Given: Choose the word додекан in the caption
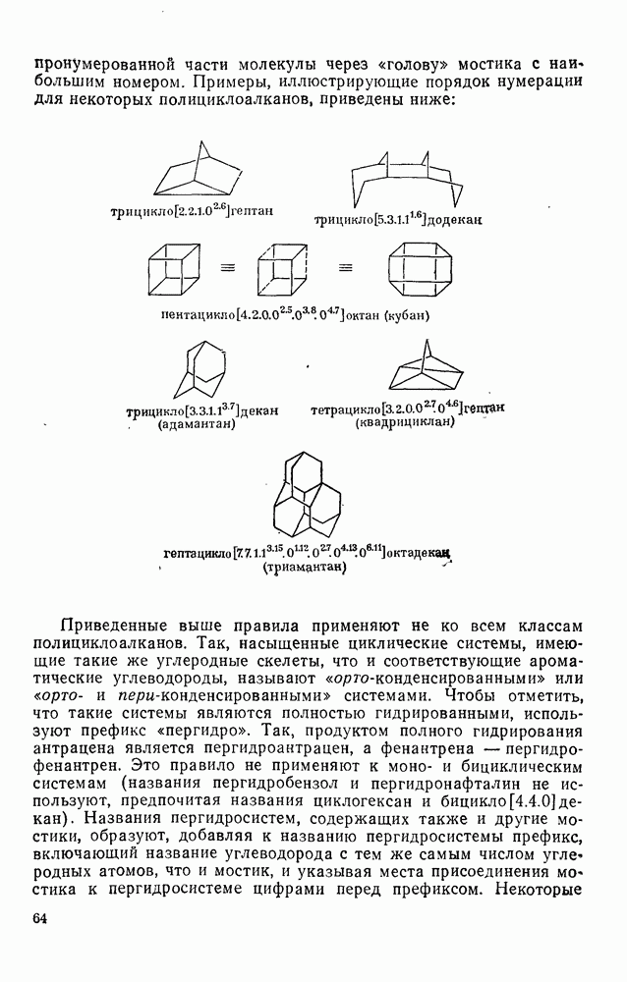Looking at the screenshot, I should point(454,221).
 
